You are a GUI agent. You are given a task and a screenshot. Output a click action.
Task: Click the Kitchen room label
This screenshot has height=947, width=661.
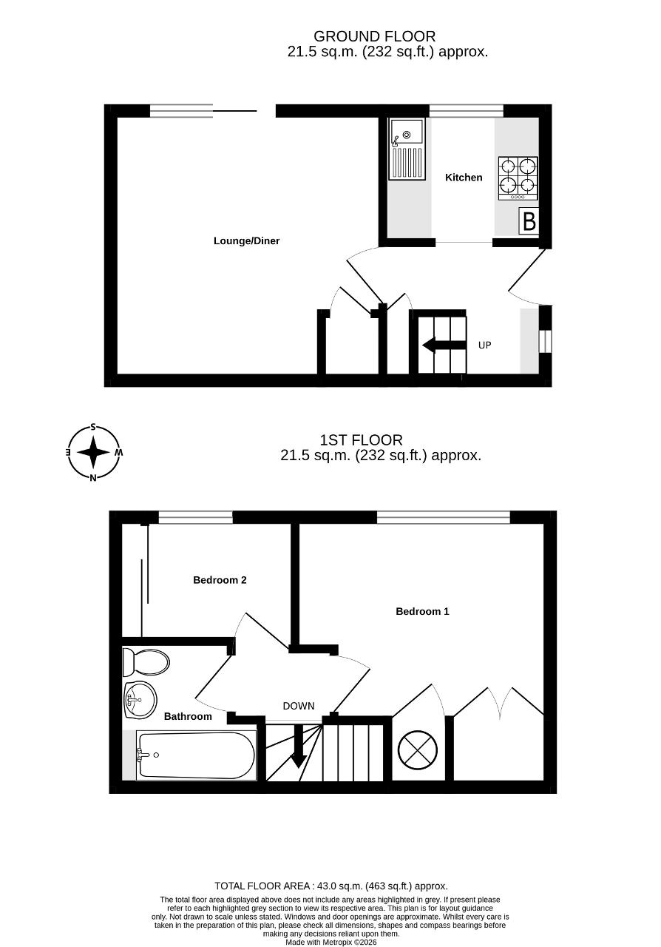click(464, 177)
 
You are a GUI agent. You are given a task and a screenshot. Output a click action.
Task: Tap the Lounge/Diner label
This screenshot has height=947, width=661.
click(246, 241)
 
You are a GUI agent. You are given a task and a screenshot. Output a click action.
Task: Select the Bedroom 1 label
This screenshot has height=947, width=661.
click(422, 611)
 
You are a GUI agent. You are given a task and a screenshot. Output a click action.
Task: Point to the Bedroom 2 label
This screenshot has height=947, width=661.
click(220, 580)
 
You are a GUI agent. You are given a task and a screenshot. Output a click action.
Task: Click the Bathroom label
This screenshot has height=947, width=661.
click(188, 716)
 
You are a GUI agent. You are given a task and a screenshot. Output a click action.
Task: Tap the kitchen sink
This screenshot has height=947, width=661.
click(407, 149)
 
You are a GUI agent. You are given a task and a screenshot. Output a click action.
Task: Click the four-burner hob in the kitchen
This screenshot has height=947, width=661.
click(518, 178)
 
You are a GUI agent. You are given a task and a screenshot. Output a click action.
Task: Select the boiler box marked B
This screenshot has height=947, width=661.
click(529, 221)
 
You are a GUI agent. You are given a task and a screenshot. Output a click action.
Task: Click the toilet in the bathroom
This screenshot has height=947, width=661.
click(146, 663)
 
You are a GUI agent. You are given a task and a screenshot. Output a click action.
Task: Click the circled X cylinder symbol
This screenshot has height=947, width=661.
click(418, 750)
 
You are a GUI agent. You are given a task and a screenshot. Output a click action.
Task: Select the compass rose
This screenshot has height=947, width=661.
click(94, 452)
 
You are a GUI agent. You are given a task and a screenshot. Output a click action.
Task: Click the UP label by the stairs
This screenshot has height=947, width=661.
click(485, 346)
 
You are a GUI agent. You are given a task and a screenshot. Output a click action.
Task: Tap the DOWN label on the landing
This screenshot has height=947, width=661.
click(299, 706)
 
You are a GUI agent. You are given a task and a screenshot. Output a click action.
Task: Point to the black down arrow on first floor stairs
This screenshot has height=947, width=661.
click(299, 747)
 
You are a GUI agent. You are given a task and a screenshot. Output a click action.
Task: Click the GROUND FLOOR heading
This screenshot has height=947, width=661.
click(374, 36)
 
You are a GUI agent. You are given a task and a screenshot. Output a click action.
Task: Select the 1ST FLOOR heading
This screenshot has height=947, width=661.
click(361, 440)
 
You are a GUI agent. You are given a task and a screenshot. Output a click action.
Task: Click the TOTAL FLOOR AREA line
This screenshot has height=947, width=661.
click(331, 886)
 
